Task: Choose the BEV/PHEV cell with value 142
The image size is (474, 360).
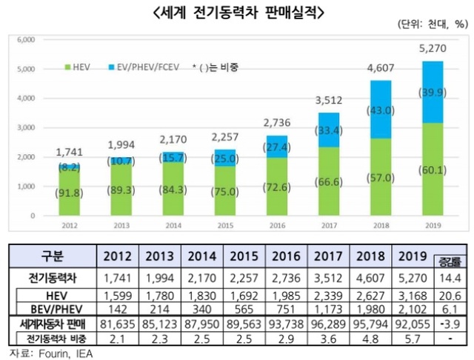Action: [118, 306]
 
